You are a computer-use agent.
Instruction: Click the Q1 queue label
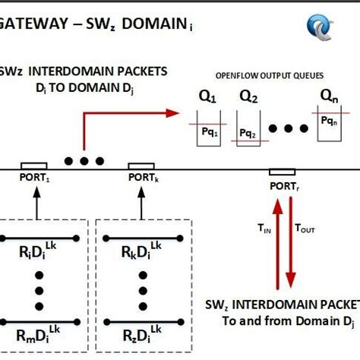207,97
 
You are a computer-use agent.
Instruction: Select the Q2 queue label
248,97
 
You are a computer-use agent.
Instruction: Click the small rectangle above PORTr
282,172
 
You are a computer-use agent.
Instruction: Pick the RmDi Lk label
39,335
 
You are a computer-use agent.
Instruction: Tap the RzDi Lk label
143,335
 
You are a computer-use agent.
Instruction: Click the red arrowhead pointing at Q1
171,114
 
